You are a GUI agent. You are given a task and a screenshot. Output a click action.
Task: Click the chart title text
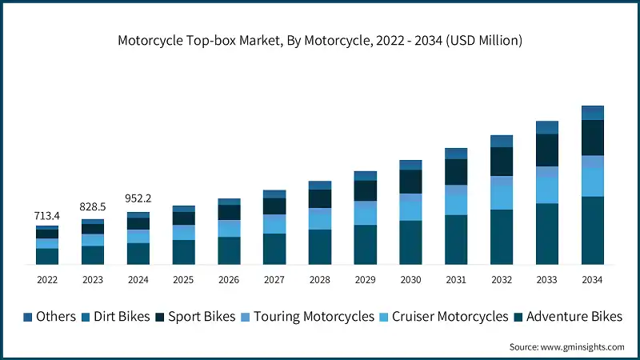click(320, 41)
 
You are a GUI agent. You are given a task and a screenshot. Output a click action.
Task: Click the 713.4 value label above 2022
click(47, 216)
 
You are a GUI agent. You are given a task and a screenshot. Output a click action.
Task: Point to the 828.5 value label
click(93, 207)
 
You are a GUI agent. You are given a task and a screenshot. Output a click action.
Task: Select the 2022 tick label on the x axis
click(47, 280)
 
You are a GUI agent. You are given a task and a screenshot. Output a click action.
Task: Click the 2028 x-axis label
click(320, 280)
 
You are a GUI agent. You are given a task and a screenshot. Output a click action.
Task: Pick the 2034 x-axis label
click(593, 280)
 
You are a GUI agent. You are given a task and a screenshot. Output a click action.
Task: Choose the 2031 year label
click(456, 280)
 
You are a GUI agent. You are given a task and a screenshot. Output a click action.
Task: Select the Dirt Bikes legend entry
click(115, 317)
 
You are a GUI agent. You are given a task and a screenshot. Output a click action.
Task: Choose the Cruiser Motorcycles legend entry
click(443, 317)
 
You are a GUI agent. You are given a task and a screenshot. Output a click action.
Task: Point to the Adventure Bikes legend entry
click(566, 317)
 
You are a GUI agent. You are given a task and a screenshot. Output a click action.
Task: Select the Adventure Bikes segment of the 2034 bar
click(593, 230)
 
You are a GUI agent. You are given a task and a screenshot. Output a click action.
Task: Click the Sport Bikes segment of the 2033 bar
click(547, 150)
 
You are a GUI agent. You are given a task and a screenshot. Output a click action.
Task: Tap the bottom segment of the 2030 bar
click(410, 242)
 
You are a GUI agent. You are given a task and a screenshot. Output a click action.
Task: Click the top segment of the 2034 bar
click(593, 112)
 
